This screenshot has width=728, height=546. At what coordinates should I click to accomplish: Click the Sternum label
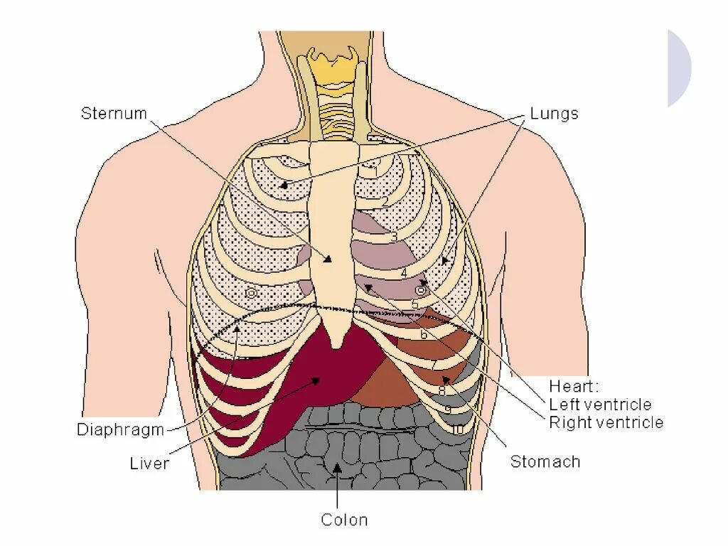pos(113,114)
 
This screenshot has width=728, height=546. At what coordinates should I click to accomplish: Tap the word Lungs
pos(554,114)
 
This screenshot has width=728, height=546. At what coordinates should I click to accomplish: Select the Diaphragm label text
pos(120,430)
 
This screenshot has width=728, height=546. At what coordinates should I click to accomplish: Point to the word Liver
pos(149,464)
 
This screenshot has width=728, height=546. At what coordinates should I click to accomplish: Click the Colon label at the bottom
pos(344,520)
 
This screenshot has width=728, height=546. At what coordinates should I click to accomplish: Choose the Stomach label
pos(545,462)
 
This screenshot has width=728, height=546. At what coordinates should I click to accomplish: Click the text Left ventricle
pos(600,405)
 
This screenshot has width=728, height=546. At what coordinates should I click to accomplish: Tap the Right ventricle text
pos(606,423)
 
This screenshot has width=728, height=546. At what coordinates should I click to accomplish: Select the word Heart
pos(574,387)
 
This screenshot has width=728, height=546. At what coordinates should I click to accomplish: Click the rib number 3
pos(394,237)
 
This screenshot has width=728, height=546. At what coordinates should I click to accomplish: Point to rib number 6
pos(424,334)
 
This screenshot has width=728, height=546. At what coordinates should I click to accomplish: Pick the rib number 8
pos(442,390)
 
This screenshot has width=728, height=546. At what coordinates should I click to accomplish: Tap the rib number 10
pos(456,429)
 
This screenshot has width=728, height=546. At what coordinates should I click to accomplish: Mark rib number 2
pos(385,201)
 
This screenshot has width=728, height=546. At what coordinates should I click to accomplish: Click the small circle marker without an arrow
pos(250,293)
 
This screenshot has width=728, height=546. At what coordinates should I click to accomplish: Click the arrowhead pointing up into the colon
pos(338,466)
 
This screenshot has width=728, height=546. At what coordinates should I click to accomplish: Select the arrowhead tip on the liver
pos(315,380)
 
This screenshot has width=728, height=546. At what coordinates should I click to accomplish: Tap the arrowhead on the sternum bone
pos(328,259)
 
